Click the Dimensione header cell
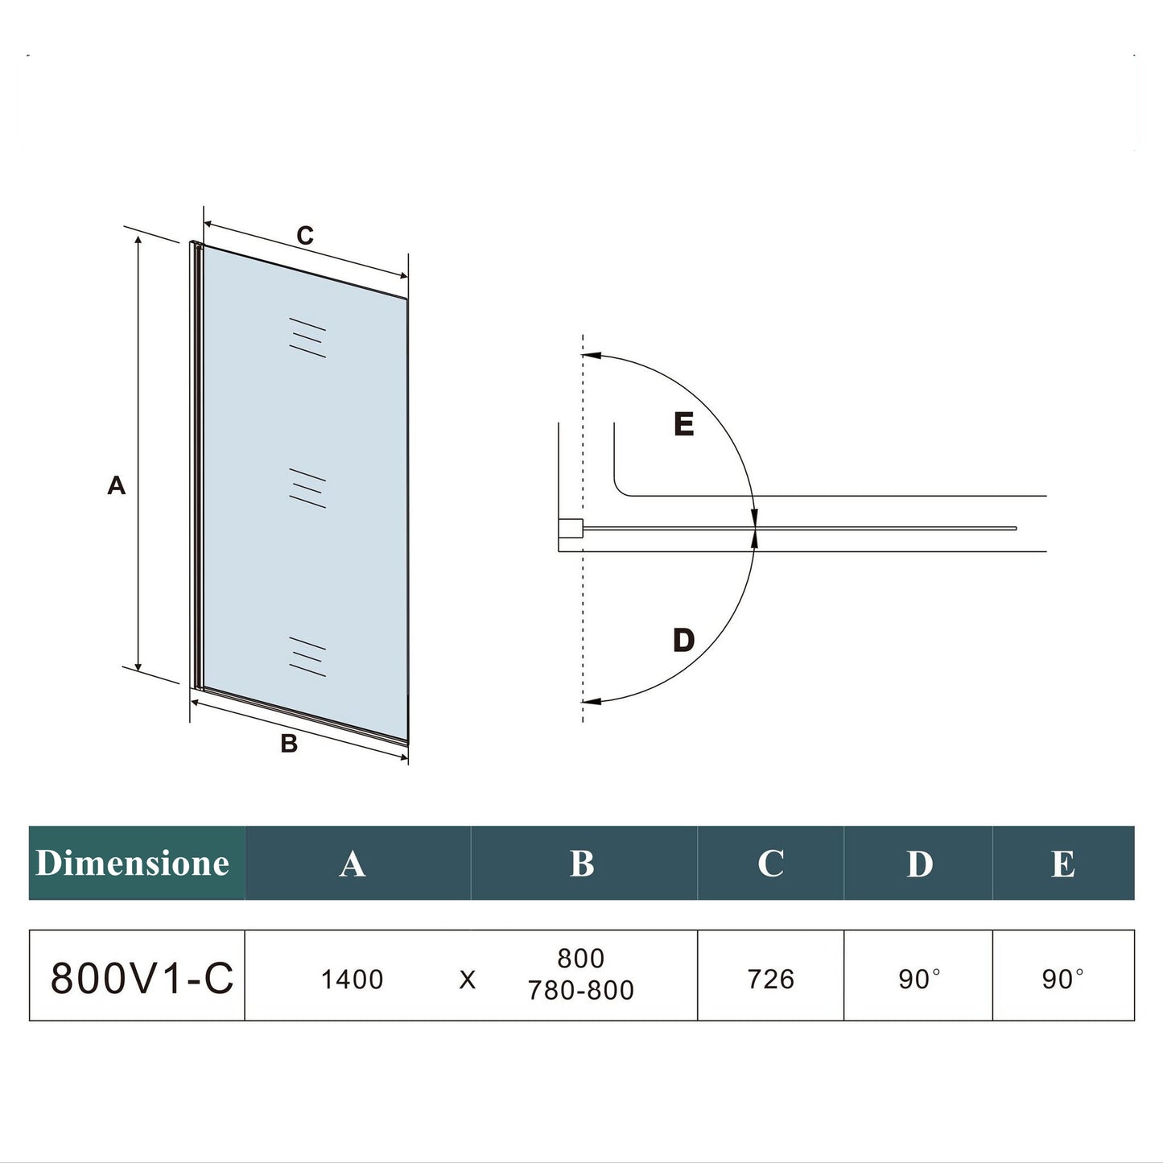(x=134, y=863)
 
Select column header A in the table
(x=353, y=864)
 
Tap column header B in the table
(x=582, y=864)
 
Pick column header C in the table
(x=770, y=864)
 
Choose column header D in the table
(x=919, y=864)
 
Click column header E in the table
(x=1062, y=864)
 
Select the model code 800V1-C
(x=142, y=978)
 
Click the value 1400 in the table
(x=352, y=979)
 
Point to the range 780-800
(x=581, y=991)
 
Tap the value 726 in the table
(x=770, y=979)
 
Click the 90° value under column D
(x=919, y=979)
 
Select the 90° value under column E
(x=1062, y=979)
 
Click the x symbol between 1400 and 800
(x=468, y=980)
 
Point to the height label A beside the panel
(x=117, y=485)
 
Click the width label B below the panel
(x=289, y=744)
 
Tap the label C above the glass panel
(x=305, y=235)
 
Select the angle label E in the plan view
(x=683, y=424)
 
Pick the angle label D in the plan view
(x=683, y=641)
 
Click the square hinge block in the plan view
(x=571, y=529)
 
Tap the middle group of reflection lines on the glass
(x=307, y=489)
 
